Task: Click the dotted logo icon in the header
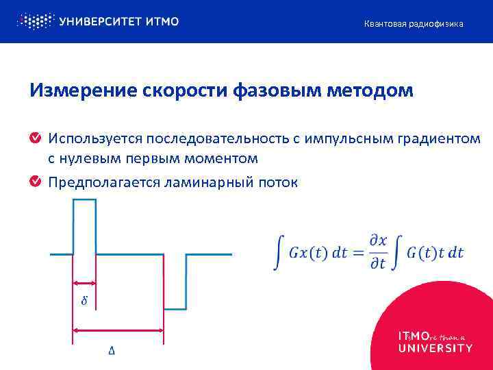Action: click(x=34, y=21)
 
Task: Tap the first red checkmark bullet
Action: click(x=35, y=139)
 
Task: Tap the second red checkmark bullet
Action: click(x=35, y=182)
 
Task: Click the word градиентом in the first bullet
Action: click(x=438, y=139)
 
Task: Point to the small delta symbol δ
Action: click(x=84, y=301)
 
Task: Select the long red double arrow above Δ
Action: click(x=118, y=331)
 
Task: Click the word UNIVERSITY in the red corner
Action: click(x=435, y=348)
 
